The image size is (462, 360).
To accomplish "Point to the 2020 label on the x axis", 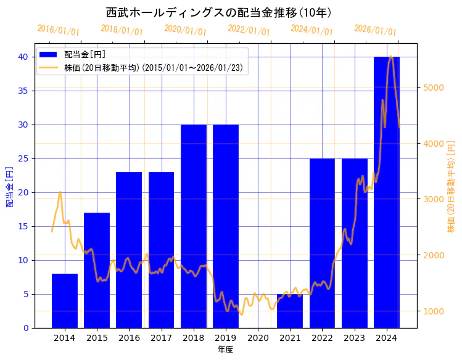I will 258,338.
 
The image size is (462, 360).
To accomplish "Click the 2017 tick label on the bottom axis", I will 161,338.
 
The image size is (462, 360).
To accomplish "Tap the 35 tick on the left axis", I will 23,91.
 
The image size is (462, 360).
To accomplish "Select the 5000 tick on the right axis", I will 434,88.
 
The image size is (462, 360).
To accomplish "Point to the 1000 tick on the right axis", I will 434,311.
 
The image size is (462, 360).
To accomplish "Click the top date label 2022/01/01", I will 249,30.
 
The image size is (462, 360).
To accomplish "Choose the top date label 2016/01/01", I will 58,30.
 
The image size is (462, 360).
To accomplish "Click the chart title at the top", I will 220,12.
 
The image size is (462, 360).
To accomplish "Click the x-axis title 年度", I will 225,350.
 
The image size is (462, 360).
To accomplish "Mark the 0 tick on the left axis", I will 25,328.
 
